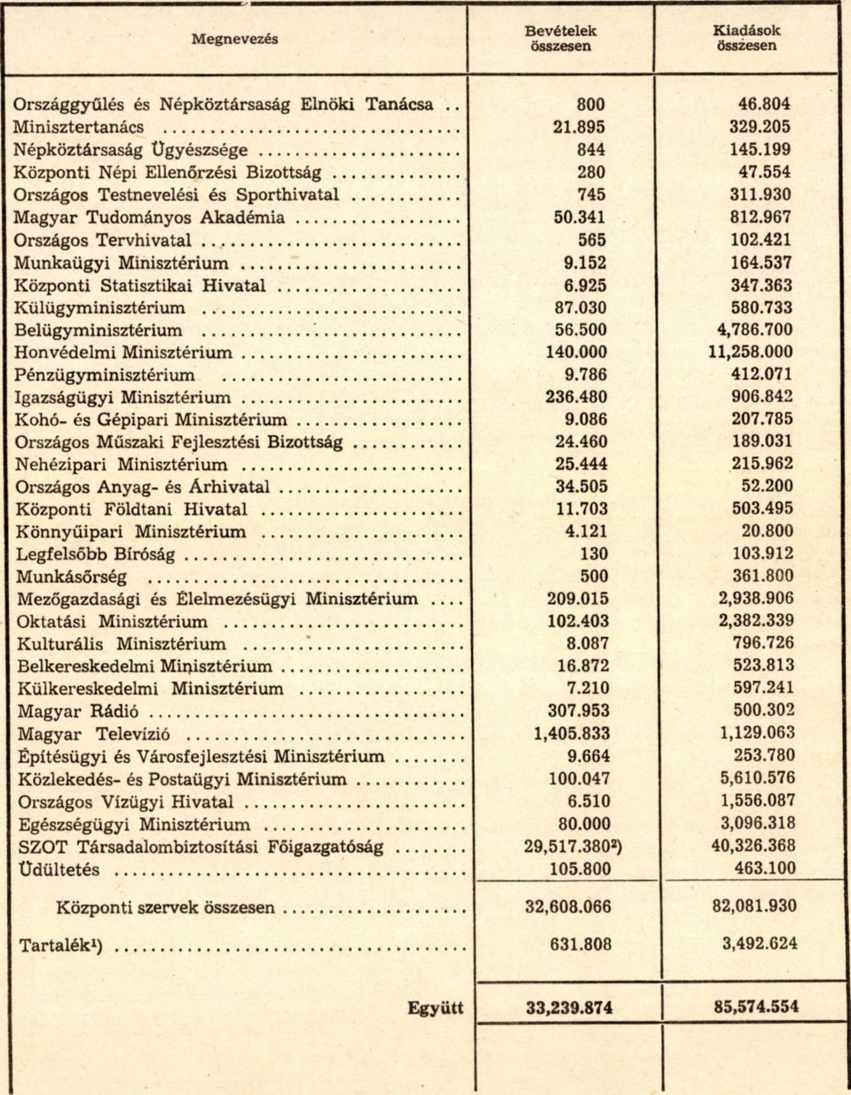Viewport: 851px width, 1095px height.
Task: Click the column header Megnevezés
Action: coord(235,39)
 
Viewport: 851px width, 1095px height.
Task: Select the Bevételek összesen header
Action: coord(561,38)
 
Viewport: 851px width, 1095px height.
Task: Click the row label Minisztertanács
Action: coord(79,127)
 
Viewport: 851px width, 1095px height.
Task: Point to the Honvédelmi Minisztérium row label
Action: coord(124,352)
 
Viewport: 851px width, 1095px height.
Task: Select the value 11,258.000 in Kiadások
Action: coord(751,352)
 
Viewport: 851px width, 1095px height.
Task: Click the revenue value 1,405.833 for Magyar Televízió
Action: coord(571,734)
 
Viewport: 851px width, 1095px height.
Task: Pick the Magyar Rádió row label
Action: coord(78,712)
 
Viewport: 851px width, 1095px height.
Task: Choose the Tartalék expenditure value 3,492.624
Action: coord(760,943)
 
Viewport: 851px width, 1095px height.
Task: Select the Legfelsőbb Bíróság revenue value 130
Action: coord(593,554)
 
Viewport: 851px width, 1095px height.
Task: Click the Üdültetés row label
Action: coord(59,870)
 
